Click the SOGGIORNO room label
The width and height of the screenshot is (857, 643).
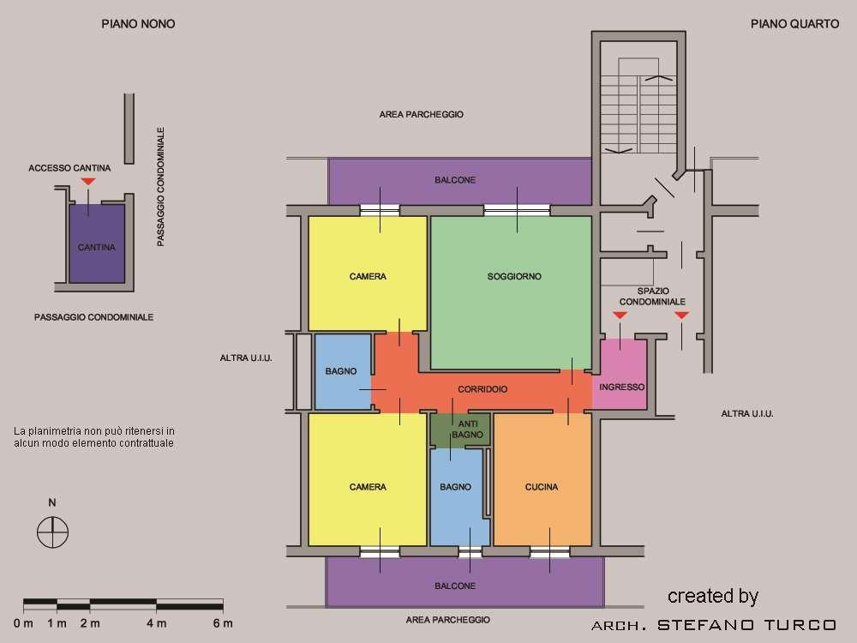(x=514, y=277)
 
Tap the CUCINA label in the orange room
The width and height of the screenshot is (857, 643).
(x=542, y=487)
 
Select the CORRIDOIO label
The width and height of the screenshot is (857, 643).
(x=482, y=389)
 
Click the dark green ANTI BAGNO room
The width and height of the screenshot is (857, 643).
(x=460, y=430)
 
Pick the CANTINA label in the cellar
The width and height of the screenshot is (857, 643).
(x=97, y=248)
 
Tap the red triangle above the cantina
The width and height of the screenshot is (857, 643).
(x=88, y=182)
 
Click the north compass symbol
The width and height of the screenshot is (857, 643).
(x=52, y=532)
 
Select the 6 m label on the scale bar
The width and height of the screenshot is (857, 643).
(x=223, y=623)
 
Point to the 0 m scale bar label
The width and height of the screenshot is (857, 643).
(x=23, y=623)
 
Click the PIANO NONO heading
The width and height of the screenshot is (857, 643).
(x=138, y=24)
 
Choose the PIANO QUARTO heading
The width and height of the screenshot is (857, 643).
(x=794, y=24)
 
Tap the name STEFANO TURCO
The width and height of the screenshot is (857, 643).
(x=746, y=625)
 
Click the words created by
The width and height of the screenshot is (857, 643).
(x=713, y=597)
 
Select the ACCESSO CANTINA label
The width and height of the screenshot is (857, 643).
(x=69, y=168)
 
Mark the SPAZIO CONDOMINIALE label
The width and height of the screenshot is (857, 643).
(x=652, y=297)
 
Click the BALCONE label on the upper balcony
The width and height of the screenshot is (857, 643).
(x=455, y=180)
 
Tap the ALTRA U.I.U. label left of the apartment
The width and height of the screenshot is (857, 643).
(x=246, y=358)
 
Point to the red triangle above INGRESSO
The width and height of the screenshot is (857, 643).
(x=620, y=315)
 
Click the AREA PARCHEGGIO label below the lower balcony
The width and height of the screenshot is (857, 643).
(x=448, y=620)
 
